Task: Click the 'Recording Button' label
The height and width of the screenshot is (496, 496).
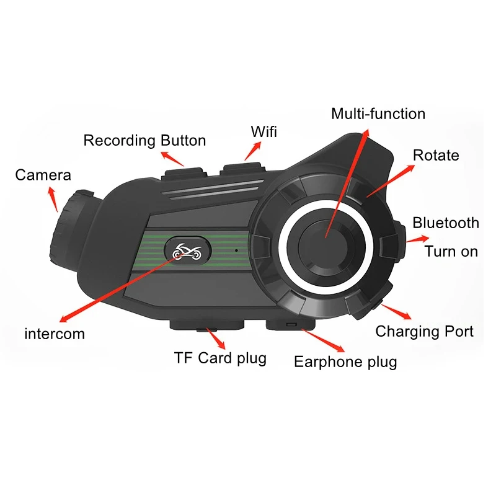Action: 144,140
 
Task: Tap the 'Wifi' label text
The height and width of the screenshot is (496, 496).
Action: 264,131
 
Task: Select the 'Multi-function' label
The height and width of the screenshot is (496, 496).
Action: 378,113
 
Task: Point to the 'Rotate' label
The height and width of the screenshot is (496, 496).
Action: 436,154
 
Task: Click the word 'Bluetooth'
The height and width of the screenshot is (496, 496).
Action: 446,223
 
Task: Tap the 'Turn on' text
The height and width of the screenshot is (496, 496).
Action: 451,251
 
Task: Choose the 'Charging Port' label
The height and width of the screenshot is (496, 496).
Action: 424,331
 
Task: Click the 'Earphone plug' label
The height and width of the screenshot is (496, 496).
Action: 345,361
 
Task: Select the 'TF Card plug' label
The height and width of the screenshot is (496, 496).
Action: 220,358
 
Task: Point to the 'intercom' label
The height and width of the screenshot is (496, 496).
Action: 55,334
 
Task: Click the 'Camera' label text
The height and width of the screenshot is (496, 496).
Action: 43,175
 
